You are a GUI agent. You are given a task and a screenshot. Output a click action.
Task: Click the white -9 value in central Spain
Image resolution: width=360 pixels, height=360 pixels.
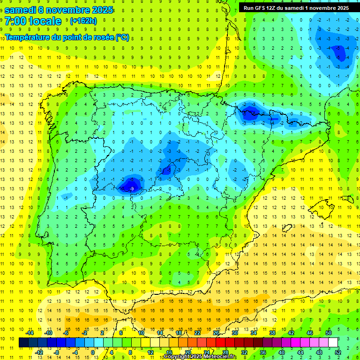click(132, 188)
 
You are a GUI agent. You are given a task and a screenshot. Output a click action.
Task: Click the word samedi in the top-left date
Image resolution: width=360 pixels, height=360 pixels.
click(22, 9)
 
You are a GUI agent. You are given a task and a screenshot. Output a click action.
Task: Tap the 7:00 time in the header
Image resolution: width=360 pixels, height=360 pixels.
click(15, 21)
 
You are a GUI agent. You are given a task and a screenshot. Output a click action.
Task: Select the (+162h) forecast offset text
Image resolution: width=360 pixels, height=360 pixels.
click(83, 21)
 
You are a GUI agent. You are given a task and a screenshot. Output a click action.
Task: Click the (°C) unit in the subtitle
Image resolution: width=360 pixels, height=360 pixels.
click(122, 37)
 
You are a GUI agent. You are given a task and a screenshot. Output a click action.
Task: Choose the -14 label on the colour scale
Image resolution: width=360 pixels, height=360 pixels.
click(30, 333)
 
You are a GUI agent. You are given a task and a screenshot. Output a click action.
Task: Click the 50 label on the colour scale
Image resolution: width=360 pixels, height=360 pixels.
click(329, 333)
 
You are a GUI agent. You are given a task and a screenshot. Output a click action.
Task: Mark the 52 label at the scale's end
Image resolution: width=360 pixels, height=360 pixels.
click(338, 352)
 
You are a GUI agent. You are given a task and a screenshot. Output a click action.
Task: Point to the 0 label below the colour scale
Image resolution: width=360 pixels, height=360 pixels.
click(93, 352)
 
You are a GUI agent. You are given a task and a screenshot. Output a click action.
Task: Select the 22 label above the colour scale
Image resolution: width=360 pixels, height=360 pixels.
click(197, 333)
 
